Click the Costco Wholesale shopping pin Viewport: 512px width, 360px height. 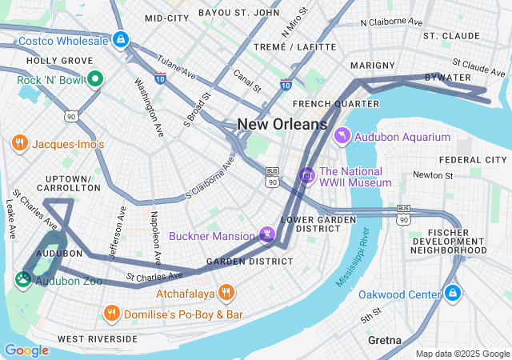120,38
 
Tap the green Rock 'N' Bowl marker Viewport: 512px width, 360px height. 94,78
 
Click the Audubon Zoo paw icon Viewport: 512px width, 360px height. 22,279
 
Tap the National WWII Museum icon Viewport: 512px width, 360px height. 306,174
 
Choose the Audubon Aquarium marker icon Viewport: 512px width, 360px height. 343,137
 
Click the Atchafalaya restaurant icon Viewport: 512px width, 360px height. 226,293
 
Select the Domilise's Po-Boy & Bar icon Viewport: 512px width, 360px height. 111,314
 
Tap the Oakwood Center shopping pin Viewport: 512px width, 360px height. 453,294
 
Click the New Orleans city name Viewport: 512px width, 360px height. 282,124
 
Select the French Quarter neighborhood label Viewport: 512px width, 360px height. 335,104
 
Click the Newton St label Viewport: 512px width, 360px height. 433,175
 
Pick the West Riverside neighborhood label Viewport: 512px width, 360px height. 97,339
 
